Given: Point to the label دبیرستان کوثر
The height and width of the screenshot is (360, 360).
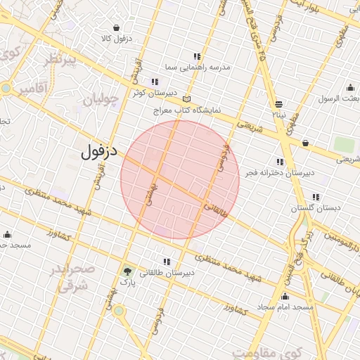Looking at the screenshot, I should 153,92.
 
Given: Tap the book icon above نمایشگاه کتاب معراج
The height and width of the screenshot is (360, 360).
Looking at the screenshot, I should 186,99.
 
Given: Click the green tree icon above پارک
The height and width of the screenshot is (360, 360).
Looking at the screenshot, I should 127,271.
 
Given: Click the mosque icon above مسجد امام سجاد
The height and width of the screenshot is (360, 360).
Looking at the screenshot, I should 285,297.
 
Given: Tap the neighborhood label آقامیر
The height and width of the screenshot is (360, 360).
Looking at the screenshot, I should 34,89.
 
